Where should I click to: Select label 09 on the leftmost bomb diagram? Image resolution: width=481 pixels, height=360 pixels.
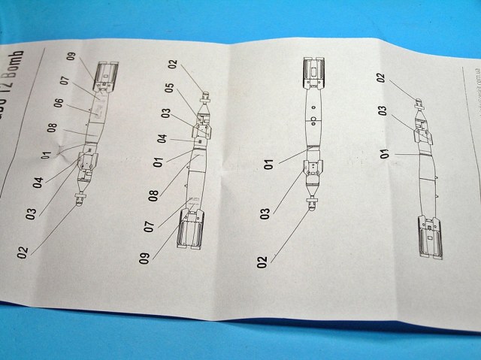[x=71, y=56]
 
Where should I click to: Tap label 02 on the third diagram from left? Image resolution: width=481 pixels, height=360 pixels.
[x=262, y=261]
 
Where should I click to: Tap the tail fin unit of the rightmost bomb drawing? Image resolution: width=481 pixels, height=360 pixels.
[x=433, y=236]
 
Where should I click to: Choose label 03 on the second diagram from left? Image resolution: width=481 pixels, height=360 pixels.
[x=165, y=112]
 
